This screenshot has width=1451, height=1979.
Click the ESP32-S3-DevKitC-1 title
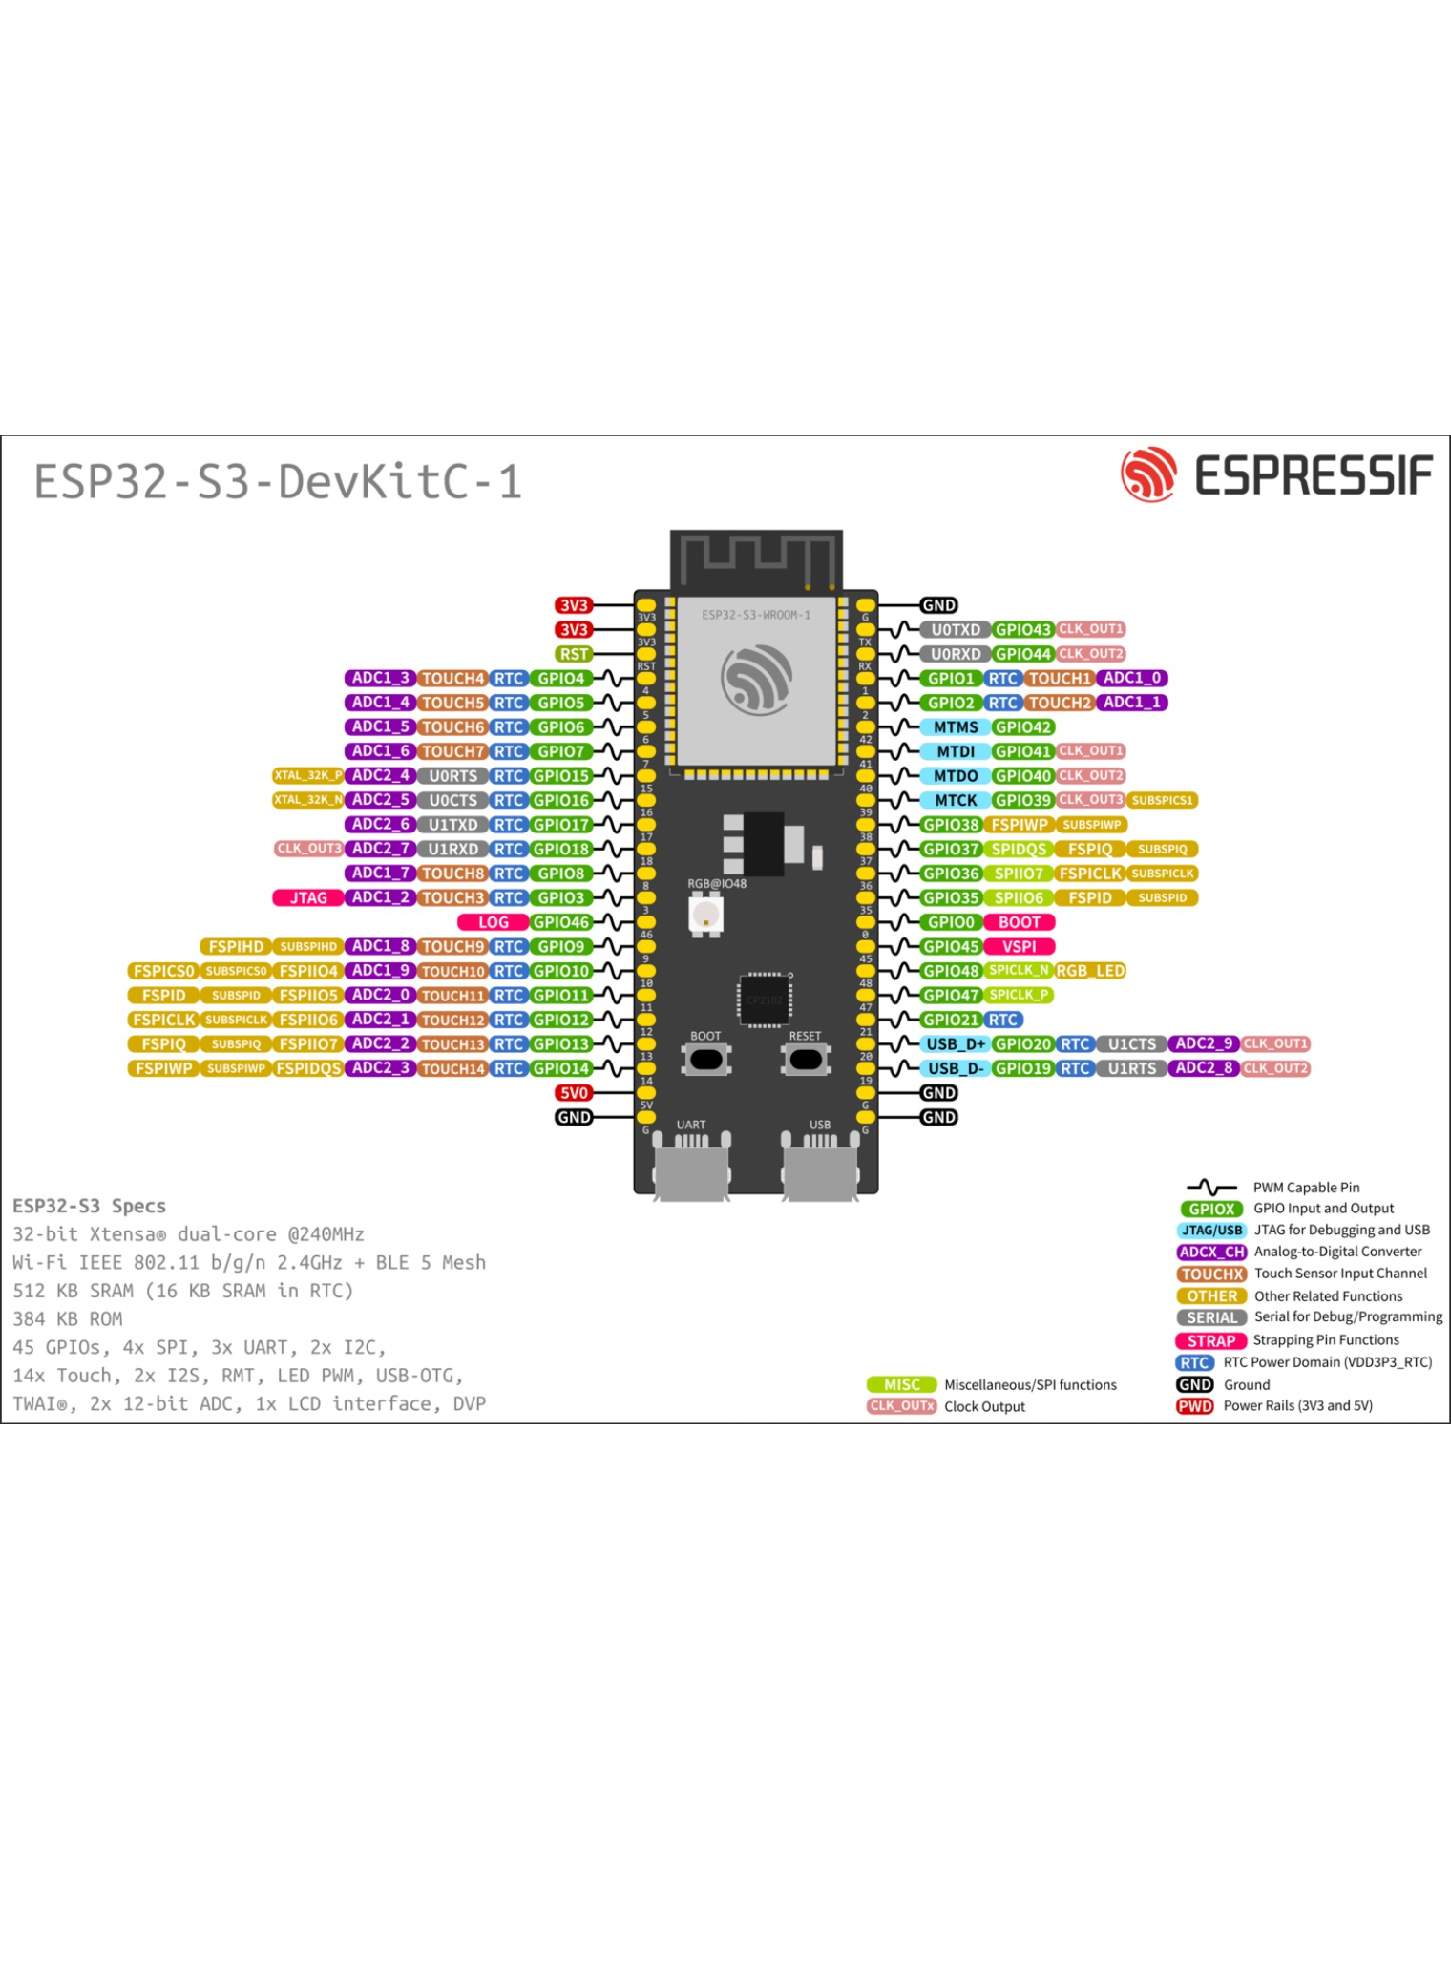[x=278, y=481]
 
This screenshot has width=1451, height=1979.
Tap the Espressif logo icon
[x=1147, y=474]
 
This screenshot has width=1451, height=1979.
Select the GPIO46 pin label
[x=561, y=922]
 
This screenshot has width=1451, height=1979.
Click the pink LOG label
[x=493, y=922]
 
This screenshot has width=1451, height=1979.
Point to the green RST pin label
[x=574, y=654]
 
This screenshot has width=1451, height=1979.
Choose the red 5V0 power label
[x=574, y=1093]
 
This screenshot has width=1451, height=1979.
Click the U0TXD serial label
[x=955, y=630]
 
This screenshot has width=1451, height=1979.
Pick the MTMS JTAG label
[x=955, y=727]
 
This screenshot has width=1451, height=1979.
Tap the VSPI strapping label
[x=1019, y=947]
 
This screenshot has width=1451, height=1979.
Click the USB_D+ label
[x=955, y=1044]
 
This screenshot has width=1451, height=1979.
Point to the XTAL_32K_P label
[x=307, y=776]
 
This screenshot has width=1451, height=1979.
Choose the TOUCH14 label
[x=452, y=1069]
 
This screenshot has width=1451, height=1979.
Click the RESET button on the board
[x=806, y=1059]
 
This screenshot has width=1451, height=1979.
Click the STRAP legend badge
[x=1210, y=1341]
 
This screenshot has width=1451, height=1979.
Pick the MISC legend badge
[x=901, y=1385]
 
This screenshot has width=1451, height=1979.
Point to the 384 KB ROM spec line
[x=68, y=1319]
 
